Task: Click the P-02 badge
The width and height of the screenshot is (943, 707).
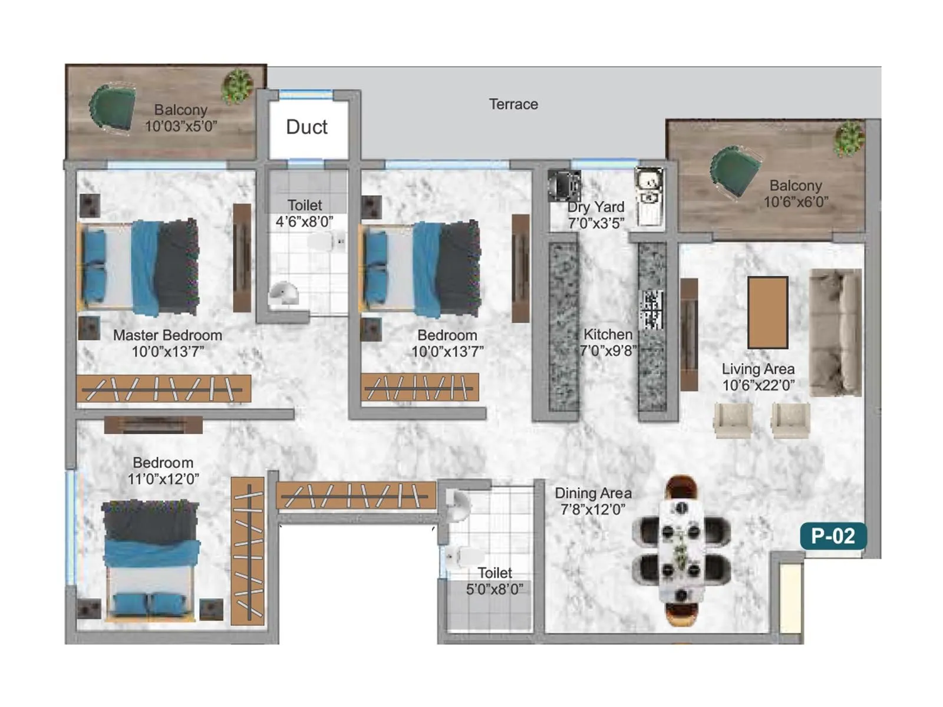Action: click(x=833, y=536)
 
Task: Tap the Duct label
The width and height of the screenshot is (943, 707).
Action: click(x=306, y=127)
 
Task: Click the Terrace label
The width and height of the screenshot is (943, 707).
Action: click(x=513, y=104)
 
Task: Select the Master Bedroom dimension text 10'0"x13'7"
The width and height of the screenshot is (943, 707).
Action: click(x=168, y=352)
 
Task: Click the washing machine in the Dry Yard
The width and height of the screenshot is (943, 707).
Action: click(x=564, y=185)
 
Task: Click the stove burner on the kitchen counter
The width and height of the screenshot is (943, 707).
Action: click(x=652, y=310)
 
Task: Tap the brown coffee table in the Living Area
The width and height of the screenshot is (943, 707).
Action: click(x=768, y=312)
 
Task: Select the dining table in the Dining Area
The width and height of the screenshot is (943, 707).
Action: click(x=681, y=551)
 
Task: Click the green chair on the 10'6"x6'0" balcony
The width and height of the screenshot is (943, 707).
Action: click(x=734, y=171)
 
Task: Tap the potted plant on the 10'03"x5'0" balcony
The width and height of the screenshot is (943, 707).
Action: click(x=238, y=86)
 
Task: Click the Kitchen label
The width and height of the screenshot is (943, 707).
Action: click(x=608, y=334)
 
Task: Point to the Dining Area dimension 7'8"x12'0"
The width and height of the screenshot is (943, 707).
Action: click(x=593, y=510)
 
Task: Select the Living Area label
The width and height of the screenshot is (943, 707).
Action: click(x=758, y=369)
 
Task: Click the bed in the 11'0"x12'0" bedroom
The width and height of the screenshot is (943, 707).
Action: click(x=151, y=560)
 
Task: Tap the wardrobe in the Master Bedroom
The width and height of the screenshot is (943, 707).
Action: click(x=163, y=389)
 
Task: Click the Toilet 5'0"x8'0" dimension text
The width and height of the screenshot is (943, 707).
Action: click(x=494, y=589)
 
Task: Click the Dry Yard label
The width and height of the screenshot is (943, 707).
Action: click(x=595, y=207)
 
